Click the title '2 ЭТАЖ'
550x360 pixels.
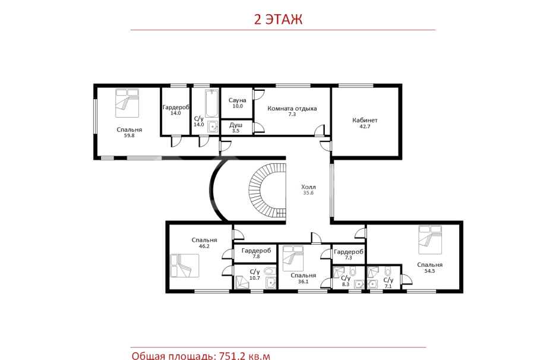coord(278,19)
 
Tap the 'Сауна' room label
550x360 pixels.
coord(238,100)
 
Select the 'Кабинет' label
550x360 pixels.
coord(365,121)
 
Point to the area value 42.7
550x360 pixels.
coord(365,127)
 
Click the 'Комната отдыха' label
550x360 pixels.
coord(292,109)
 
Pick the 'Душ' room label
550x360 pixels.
coord(236,125)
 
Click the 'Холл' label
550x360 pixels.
coord(308,187)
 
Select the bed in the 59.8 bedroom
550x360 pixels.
coord(127,103)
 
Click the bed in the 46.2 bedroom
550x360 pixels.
coord(185,266)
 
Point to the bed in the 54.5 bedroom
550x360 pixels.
coord(430,239)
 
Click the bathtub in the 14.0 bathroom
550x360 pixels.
coord(211,103)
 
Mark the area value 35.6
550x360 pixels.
coord(308,193)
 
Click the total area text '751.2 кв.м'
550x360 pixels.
coord(245,356)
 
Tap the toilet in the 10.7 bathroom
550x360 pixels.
coord(270,271)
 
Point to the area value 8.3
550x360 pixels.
coord(346,285)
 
